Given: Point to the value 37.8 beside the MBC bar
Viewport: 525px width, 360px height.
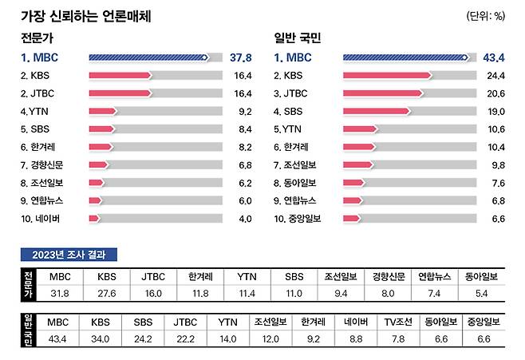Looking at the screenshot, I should pyautogui.click(x=240, y=57).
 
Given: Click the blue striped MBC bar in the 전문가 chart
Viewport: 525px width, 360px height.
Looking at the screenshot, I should pyautogui.click(x=148, y=57).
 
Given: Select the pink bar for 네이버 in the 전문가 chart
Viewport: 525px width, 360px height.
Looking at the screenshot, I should pyautogui.click(x=94, y=218).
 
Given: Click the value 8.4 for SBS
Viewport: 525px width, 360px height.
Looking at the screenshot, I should pyautogui.click(x=243, y=129).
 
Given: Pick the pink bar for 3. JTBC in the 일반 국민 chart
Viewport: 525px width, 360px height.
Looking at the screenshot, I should pyautogui.click(x=383, y=93).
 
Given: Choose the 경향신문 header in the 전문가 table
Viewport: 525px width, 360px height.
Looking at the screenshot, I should pyautogui.click(x=389, y=276).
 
